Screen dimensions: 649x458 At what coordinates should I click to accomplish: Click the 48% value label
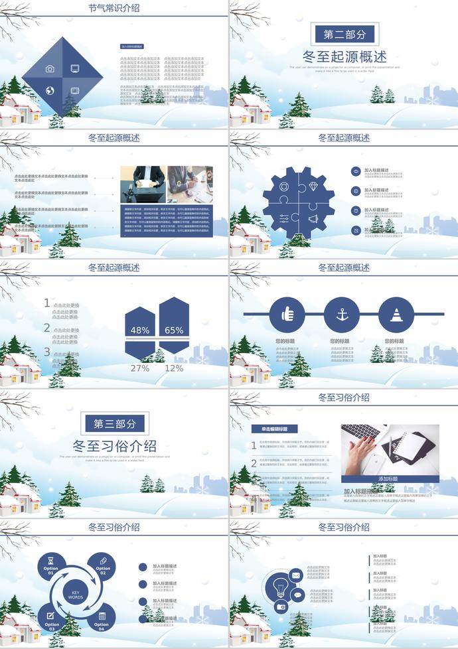tap(140, 330)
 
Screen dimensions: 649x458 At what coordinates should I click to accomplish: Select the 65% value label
tap(174, 330)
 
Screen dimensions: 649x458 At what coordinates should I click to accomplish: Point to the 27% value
tap(140, 368)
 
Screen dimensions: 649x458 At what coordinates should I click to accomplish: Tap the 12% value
tap(174, 368)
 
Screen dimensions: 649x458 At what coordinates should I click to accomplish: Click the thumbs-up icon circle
tap(287, 314)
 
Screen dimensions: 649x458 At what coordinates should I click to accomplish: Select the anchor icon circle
tap(342, 314)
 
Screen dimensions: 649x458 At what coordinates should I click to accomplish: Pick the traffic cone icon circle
tap(396, 314)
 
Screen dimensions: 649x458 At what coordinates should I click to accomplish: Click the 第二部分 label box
tap(343, 35)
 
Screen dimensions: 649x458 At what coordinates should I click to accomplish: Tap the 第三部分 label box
tap(115, 424)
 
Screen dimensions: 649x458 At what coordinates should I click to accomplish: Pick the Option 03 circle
tap(52, 620)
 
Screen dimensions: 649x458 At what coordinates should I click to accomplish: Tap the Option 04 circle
tap(102, 620)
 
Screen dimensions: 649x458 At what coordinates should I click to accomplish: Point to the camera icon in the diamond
tap(50, 69)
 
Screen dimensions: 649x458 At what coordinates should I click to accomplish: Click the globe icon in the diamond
tap(50, 91)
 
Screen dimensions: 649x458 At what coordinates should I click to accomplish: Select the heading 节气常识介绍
tap(114, 9)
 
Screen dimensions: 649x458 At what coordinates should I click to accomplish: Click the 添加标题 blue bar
tap(390, 478)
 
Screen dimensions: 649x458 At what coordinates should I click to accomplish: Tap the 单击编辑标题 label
tap(274, 429)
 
